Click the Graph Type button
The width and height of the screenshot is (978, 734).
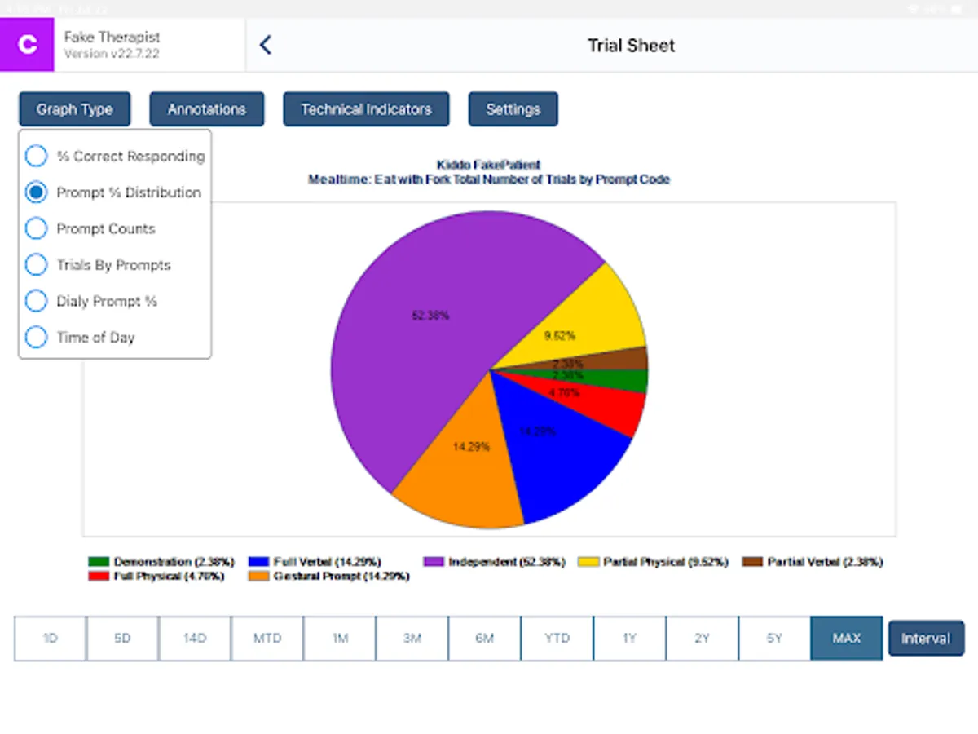coord(74,109)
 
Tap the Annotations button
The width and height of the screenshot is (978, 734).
coord(206,109)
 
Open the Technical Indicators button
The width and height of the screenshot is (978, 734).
coord(366,109)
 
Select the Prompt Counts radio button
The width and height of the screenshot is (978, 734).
coord(37,228)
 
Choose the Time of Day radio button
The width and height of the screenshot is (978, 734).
coord(37,337)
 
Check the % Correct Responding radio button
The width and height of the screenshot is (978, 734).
coord(37,156)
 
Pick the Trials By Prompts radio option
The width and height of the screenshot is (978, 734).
coord(37,265)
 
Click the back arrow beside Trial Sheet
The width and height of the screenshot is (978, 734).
coord(265,46)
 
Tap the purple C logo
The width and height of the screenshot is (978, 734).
coord(27,45)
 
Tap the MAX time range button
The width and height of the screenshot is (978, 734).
coord(846,638)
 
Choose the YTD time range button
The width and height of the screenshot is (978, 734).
coord(557,638)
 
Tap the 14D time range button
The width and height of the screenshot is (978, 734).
coord(195,638)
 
